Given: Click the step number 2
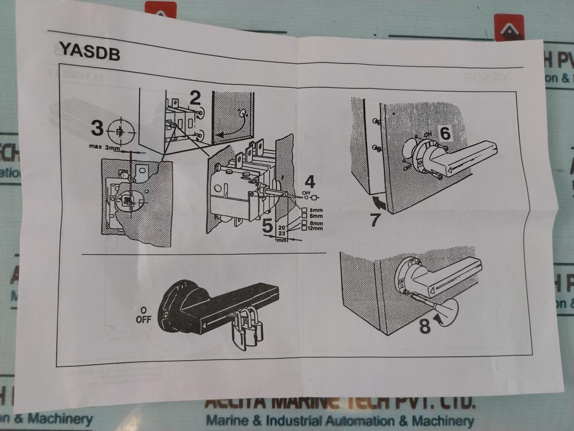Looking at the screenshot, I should click(x=195, y=98).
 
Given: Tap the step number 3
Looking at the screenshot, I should click(x=97, y=129).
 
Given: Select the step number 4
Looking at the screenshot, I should click(x=310, y=181).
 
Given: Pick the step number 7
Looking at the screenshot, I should click(x=375, y=220).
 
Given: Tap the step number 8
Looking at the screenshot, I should click(x=425, y=325).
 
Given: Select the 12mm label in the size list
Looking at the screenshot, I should click(x=315, y=228).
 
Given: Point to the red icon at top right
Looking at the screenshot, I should click(x=509, y=28).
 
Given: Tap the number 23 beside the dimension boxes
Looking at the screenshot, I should click(x=283, y=232).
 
